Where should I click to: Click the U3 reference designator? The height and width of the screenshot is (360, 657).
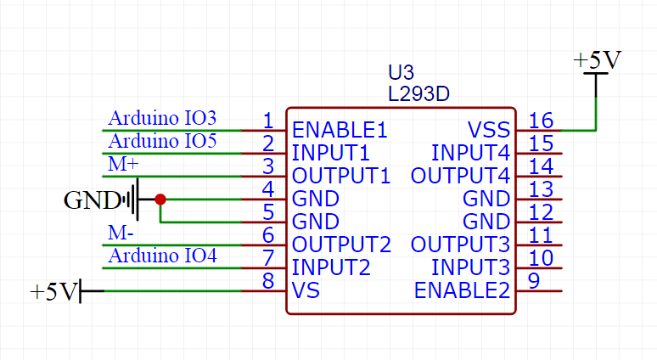[401, 74]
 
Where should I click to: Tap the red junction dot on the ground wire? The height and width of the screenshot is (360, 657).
[160, 200]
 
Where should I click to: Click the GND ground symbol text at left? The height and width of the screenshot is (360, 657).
[92, 201]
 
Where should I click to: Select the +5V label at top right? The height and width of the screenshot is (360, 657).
[597, 61]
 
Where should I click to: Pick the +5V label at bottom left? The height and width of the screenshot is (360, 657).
[53, 292]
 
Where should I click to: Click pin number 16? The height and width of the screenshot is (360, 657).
[541, 121]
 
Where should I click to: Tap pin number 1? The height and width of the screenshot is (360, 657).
[267, 121]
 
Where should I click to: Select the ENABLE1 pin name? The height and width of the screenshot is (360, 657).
[340, 131]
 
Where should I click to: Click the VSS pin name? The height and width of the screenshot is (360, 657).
[489, 131]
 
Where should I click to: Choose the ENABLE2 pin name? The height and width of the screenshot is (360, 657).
[463, 291]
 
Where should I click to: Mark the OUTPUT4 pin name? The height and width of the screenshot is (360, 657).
[461, 177]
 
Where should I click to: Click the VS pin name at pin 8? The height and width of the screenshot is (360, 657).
[306, 291]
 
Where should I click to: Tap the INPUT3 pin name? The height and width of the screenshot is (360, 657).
[471, 268]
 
